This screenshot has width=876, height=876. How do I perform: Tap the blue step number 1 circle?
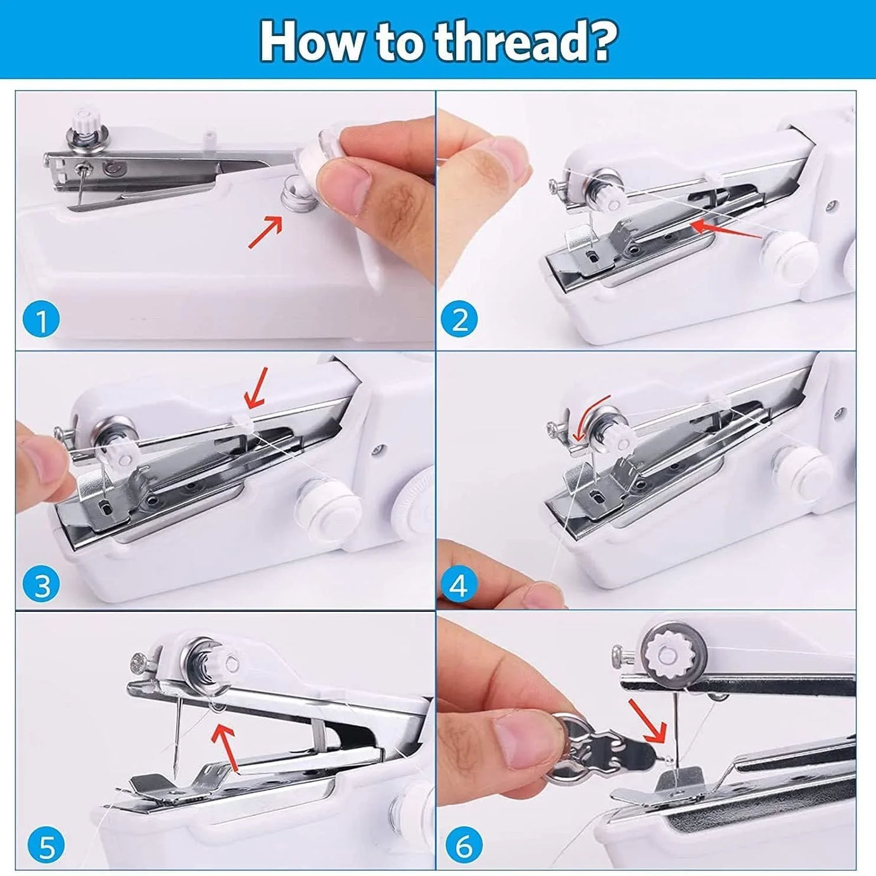coord(41,321)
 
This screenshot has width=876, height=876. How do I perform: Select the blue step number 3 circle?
coord(41,585)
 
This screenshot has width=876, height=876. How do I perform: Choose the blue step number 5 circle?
coord(47,846)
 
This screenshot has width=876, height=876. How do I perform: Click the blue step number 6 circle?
coord(464,846)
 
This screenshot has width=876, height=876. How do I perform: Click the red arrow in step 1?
coord(265,231)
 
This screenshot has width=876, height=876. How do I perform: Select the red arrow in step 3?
coord(257,387)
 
